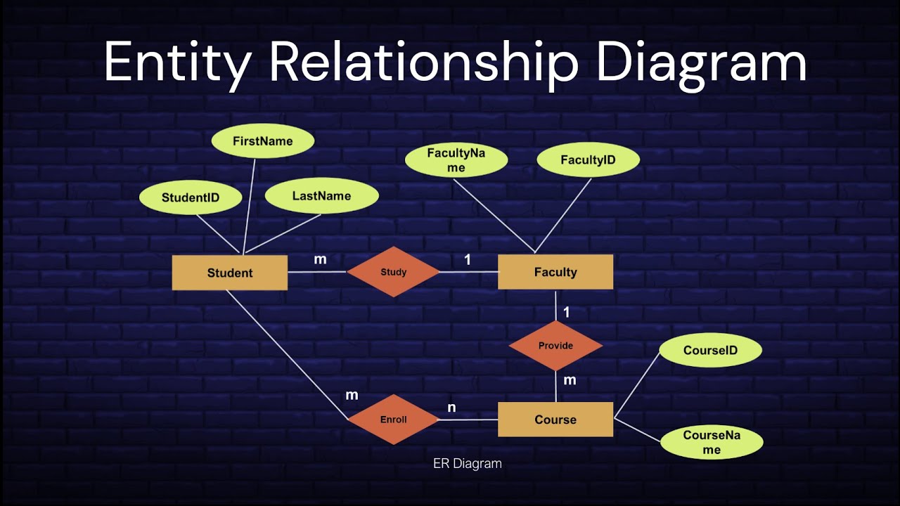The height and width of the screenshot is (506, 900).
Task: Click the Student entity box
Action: [230, 273]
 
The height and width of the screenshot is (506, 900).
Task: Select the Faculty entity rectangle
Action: [555, 272]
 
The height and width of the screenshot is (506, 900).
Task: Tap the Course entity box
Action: [555, 420]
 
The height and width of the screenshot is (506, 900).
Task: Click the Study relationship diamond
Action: [393, 272]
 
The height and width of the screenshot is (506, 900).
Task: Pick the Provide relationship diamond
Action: [555, 346]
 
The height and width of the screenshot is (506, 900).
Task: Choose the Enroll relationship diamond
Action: [393, 420]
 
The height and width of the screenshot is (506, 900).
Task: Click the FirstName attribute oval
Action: [262, 141]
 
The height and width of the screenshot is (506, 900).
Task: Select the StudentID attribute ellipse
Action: [191, 197]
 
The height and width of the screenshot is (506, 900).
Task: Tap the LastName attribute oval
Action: [321, 196]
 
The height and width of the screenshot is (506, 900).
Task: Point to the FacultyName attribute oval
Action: [456, 160]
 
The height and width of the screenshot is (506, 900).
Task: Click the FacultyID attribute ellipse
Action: [588, 160]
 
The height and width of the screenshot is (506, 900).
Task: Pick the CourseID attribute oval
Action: [710, 350]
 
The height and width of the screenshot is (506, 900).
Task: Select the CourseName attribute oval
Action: [712, 442]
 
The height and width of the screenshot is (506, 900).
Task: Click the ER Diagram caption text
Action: [467, 464]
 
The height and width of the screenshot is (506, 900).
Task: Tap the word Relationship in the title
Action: [424, 62]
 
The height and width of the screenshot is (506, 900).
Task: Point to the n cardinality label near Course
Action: [451, 408]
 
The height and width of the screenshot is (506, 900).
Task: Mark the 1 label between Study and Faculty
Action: [468, 260]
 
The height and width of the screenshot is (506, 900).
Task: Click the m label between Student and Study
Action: [320, 259]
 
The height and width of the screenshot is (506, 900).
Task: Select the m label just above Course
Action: [570, 380]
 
